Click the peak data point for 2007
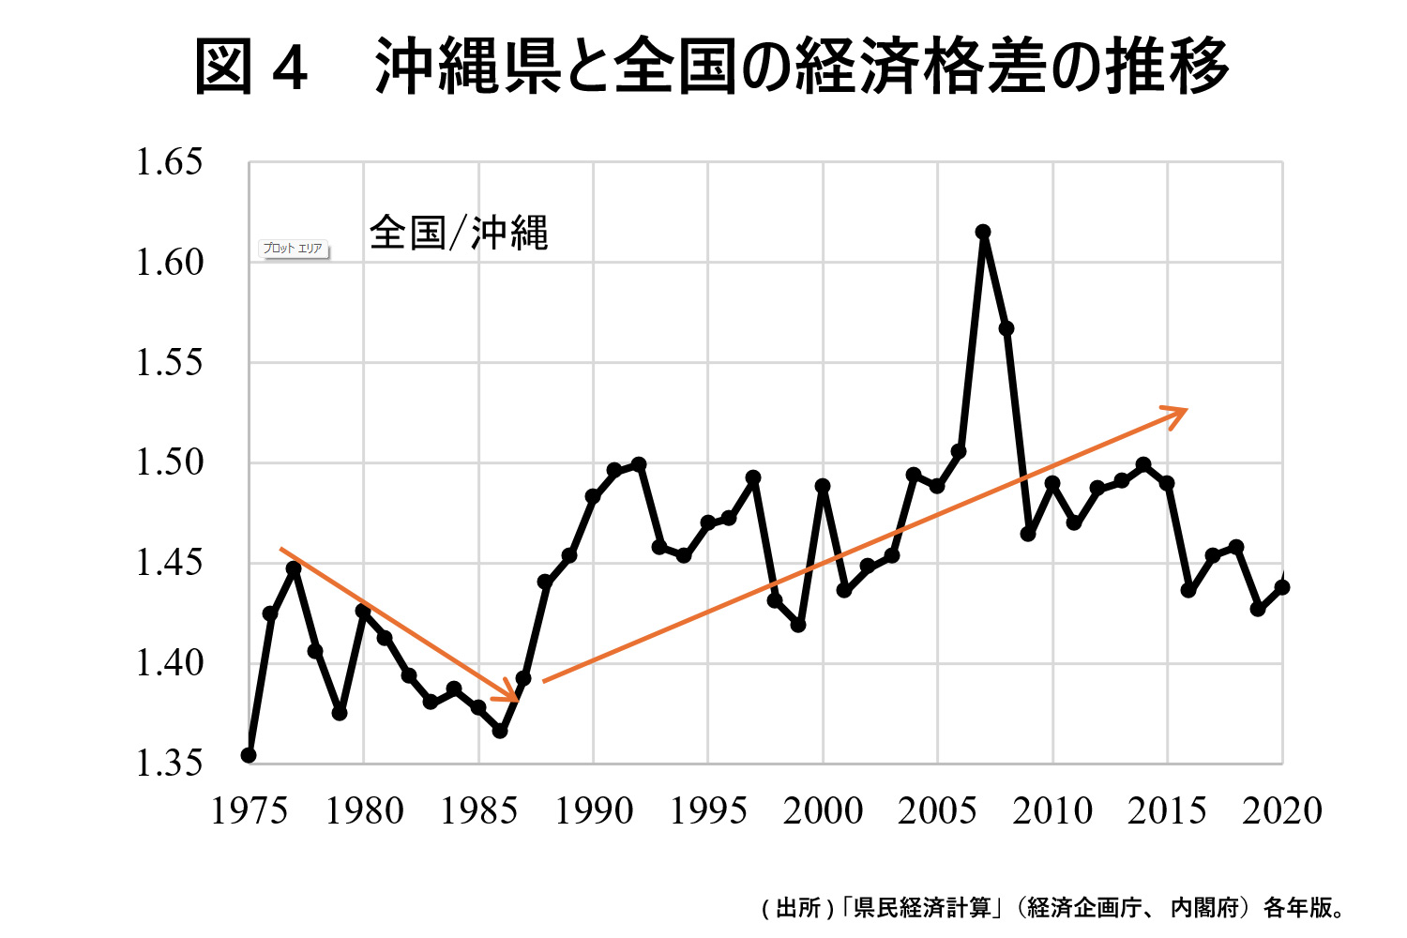(983, 232)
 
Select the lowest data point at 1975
(249, 755)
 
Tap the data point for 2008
(1006, 328)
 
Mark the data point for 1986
(500, 730)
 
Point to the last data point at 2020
(1282, 587)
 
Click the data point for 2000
(823, 486)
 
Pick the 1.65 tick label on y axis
(169, 162)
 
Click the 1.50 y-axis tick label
(169, 462)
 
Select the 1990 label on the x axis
(594, 811)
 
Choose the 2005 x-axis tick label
(938, 811)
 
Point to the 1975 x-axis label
(250, 811)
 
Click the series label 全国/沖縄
(459, 233)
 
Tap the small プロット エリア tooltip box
(294, 249)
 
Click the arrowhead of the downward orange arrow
(512, 695)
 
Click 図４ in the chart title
(250, 68)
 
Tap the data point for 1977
(294, 568)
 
